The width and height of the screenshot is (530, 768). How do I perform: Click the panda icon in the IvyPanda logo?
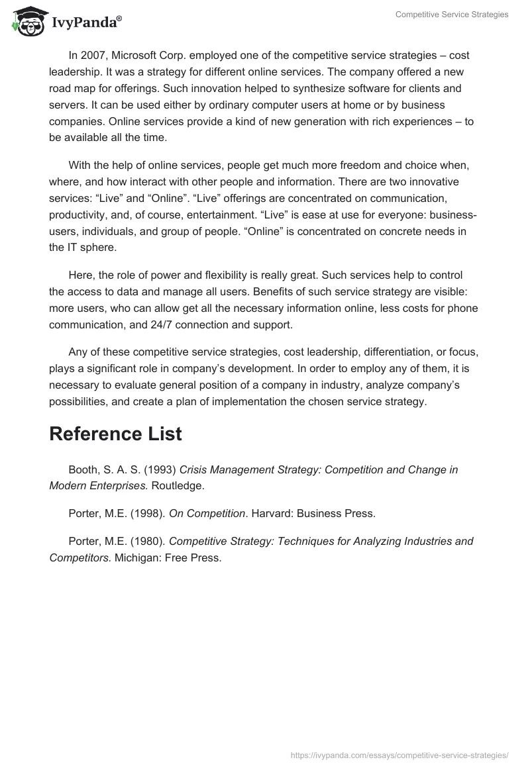click(25, 21)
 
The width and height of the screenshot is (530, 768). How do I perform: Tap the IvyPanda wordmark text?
click(86, 23)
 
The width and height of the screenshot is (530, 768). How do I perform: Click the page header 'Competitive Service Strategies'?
click(452, 15)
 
